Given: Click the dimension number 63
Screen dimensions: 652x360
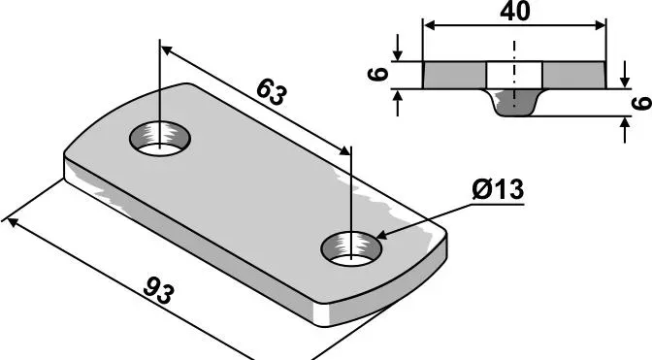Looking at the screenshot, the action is [x=271, y=93].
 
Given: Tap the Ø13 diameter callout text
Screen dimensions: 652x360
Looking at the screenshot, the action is [x=498, y=190].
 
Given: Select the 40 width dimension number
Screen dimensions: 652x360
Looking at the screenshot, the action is [x=515, y=12].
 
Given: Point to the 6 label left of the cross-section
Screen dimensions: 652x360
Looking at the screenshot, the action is [x=378, y=75].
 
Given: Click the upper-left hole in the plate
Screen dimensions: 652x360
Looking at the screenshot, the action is [x=160, y=139].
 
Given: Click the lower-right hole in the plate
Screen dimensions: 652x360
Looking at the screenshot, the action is [x=351, y=249].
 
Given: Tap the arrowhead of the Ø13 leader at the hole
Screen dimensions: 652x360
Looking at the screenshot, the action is [x=381, y=236].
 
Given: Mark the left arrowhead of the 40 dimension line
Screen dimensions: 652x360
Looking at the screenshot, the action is [x=429, y=25].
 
